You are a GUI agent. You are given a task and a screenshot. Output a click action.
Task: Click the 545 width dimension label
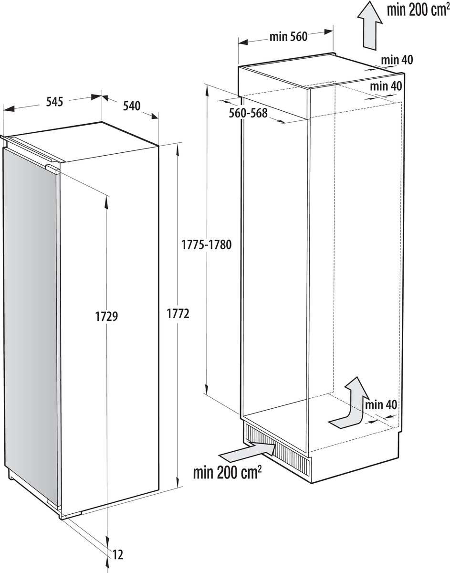[54, 102]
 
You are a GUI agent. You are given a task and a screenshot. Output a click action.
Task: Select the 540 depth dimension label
[132, 106]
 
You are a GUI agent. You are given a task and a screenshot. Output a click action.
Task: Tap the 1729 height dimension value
[106, 316]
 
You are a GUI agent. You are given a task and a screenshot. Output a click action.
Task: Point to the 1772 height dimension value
[178, 314]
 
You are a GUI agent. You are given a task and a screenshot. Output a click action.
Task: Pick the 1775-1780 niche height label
[207, 244]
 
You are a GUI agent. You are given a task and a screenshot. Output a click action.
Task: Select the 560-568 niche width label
[248, 113]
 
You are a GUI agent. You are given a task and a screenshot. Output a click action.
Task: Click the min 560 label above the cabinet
[289, 37]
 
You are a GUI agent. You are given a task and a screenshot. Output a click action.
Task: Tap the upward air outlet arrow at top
[370, 25]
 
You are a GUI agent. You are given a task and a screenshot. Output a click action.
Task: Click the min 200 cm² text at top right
[419, 10]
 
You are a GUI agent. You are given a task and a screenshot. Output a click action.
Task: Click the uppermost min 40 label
[397, 60]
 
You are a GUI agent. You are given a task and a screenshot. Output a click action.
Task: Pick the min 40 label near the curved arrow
[381, 404]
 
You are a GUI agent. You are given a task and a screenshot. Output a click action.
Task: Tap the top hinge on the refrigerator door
[52, 169]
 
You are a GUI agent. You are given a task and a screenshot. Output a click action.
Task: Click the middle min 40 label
[386, 86]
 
